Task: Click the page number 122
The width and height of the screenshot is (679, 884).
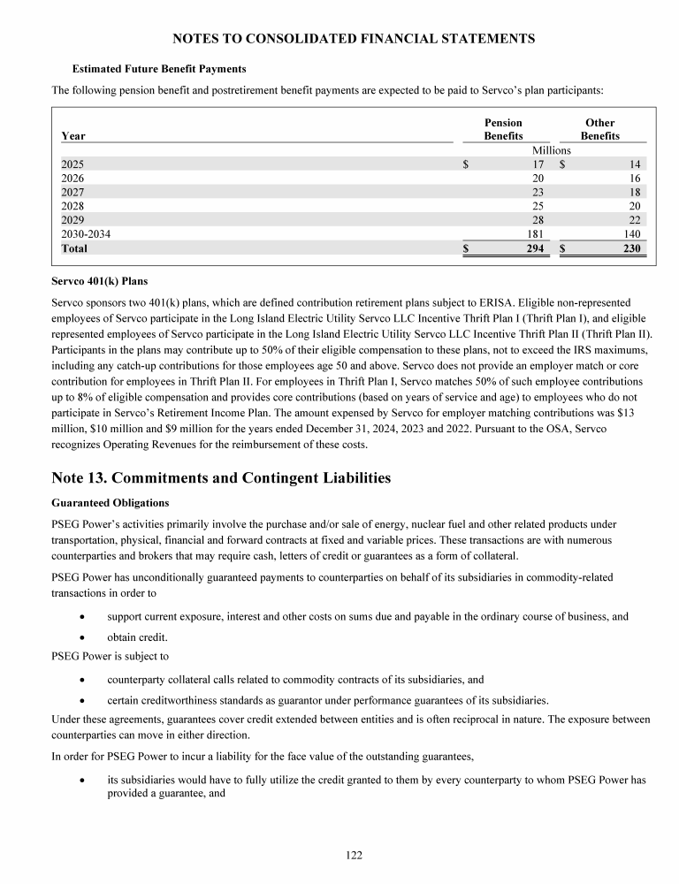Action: tap(354, 855)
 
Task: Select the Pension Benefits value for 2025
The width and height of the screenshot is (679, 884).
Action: tap(538, 164)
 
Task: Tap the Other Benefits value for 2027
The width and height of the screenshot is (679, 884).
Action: tap(634, 192)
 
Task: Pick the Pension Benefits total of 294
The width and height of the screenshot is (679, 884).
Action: tap(533, 249)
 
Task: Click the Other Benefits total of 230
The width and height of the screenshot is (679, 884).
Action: tap(629, 249)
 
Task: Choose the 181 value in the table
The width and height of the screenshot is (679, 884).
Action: tap(535, 234)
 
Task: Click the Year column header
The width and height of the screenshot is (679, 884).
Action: tap(73, 136)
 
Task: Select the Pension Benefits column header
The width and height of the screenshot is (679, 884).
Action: tap(503, 129)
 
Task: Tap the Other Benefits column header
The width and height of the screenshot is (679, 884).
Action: tap(599, 129)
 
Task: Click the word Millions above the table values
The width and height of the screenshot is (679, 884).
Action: tap(551, 150)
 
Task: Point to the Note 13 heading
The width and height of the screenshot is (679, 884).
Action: tap(221, 478)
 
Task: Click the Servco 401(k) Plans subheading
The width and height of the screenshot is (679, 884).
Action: tap(100, 280)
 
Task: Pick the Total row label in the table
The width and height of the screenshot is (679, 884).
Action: tap(75, 249)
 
